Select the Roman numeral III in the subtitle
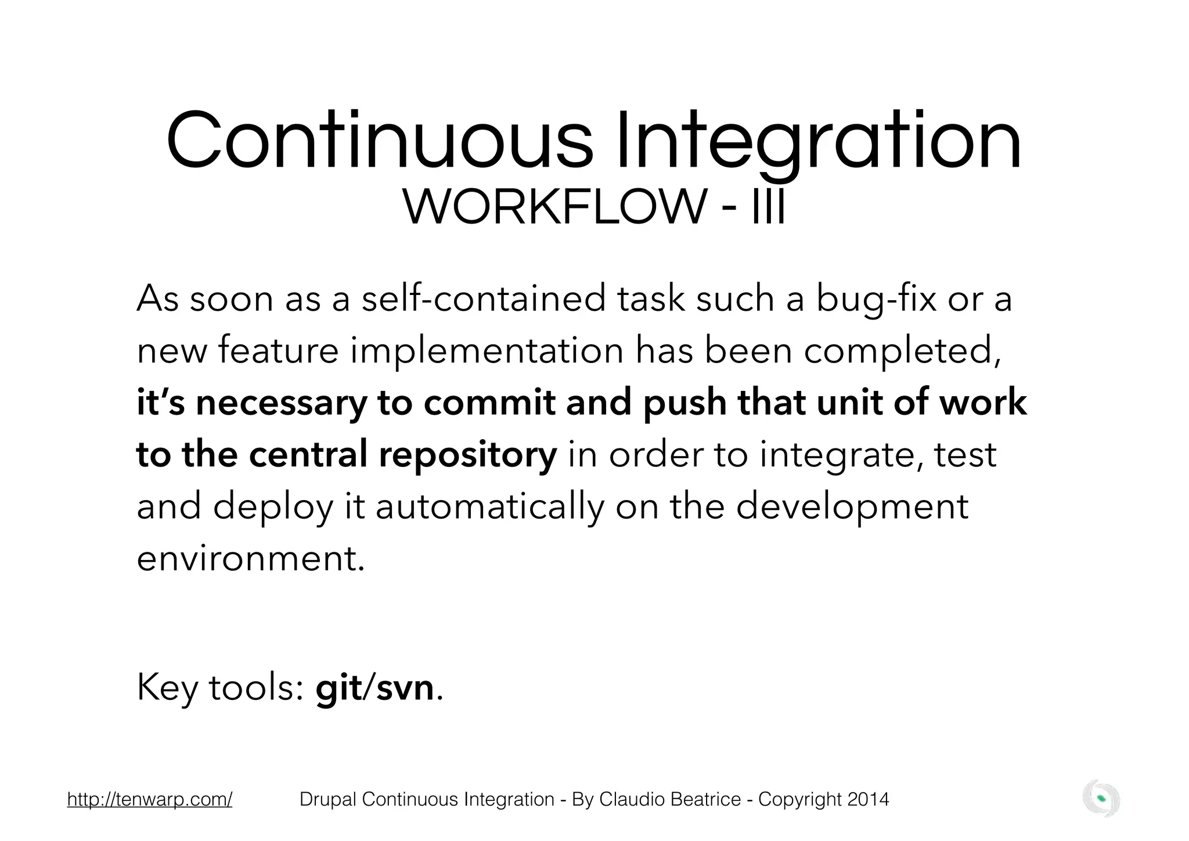tap(768, 208)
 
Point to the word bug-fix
tap(875, 299)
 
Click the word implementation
tap(487, 351)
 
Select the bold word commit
tap(489, 403)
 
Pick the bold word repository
tap(468, 455)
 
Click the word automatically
tap(490, 506)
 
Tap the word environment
tap(251, 558)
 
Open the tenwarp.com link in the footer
tap(150, 799)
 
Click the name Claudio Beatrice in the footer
tap(669, 799)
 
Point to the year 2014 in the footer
tap(868, 799)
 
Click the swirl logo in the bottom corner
tap(1101, 799)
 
